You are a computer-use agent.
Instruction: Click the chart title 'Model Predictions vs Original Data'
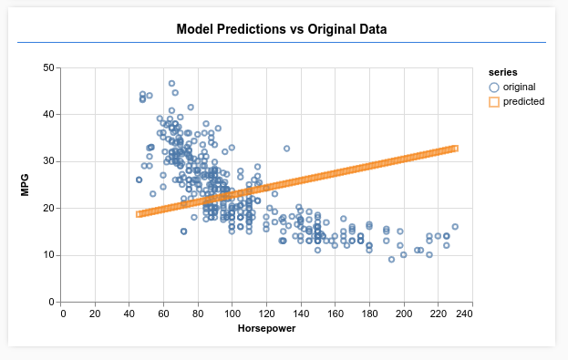(282, 29)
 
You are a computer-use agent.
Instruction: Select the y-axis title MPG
(26, 185)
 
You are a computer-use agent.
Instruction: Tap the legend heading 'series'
(503, 72)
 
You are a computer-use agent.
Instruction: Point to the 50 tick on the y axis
(49, 67)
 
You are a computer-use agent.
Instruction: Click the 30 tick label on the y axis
(49, 161)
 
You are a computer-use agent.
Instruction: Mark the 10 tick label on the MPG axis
(49, 255)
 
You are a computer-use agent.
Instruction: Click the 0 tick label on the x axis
(63, 314)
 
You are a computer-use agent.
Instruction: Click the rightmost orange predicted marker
(454, 149)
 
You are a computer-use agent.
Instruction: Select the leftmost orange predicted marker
(139, 214)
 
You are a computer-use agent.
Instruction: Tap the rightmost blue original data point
(454, 227)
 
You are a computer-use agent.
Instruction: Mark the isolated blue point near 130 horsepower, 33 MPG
(286, 149)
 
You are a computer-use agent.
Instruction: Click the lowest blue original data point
(392, 260)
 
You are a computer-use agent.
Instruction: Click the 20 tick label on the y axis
(49, 208)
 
